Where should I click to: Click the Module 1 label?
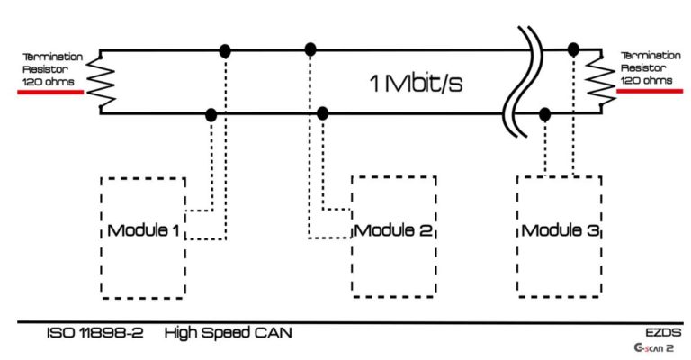pyautogui.click(x=143, y=230)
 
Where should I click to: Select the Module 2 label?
pyautogui.click(x=394, y=230)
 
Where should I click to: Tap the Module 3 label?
pyautogui.click(x=560, y=230)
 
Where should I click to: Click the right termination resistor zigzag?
pyautogui.click(x=593, y=79)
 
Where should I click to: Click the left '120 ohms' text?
pyautogui.click(x=46, y=81)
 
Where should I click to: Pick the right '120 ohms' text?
pyautogui.click(x=645, y=80)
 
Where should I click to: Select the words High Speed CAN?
pyautogui.click(x=228, y=333)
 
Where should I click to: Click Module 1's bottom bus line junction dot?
pyautogui.click(x=211, y=114)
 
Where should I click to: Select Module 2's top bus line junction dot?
pyautogui.click(x=310, y=49)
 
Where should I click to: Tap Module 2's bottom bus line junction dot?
pyautogui.click(x=323, y=113)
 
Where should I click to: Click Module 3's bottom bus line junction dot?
pyautogui.click(x=545, y=114)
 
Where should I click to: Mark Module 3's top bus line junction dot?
pyautogui.click(x=573, y=51)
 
